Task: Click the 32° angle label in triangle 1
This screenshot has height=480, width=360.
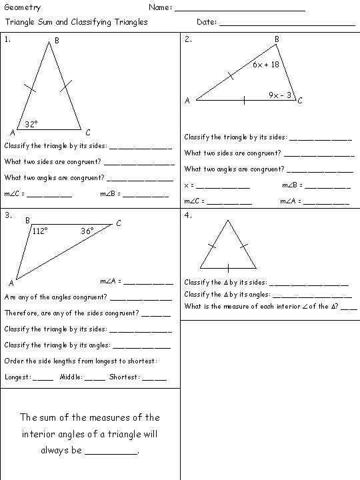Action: pos(31,124)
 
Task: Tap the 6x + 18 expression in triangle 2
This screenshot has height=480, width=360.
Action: pos(265,65)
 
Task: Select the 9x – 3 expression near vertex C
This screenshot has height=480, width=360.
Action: pos(280,95)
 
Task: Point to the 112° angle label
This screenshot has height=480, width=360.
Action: pos(40,231)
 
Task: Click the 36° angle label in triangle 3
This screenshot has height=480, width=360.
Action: pos(87,231)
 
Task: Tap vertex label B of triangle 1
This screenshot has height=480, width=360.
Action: pos(57,41)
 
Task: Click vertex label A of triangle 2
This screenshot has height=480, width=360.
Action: pos(187,101)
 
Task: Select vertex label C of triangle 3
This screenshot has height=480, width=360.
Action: pos(119,223)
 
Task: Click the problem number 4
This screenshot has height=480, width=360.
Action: pos(188,215)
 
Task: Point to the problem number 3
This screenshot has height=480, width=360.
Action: pos(7,215)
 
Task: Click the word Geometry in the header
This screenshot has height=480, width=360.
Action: pos(22,8)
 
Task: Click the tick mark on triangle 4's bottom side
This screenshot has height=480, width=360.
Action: pos(229,268)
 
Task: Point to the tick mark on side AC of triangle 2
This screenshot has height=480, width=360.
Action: pos(244,101)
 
